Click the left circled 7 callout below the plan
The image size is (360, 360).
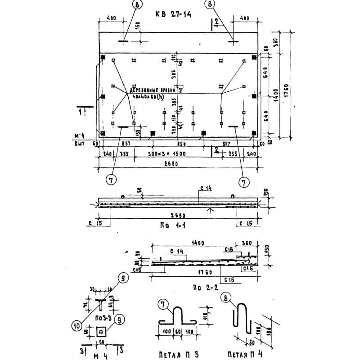click(111, 180)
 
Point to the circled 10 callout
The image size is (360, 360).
click(77, 324)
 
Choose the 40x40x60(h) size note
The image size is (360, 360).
click(148, 96)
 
